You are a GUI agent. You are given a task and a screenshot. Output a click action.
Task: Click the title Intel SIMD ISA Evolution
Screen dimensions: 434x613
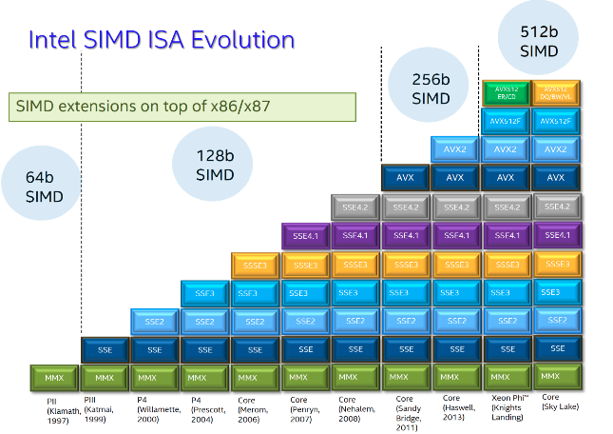pyautogui.click(x=161, y=41)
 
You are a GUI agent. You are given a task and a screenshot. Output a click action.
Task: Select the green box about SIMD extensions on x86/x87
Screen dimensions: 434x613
pyautogui.click(x=181, y=106)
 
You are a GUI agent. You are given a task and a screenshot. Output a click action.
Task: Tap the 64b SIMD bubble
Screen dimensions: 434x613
pyautogui.click(x=45, y=187)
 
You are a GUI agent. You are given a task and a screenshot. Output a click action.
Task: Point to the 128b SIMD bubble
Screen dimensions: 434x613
pyautogui.click(x=215, y=165)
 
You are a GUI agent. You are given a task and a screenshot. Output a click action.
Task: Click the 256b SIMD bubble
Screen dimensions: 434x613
pyautogui.click(x=431, y=88)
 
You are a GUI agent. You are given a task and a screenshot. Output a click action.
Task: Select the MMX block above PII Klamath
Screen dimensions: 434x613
pyautogui.click(x=55, y=378)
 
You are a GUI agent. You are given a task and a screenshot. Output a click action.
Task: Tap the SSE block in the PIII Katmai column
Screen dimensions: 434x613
pyautogui.click(x=105, y=349)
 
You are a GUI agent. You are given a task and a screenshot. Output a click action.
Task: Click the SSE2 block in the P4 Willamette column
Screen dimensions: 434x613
pyautogui.click(x=156, y=322)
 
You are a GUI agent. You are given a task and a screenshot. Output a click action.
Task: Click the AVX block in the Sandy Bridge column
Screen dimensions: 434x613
pyautogui.click(x=406, y=177)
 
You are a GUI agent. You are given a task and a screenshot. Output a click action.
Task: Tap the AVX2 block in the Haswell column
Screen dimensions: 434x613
pyautogui.click(x=456, y=148)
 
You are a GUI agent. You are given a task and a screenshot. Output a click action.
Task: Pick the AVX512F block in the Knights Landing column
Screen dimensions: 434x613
pyautogui.click(x=507, y=122)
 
